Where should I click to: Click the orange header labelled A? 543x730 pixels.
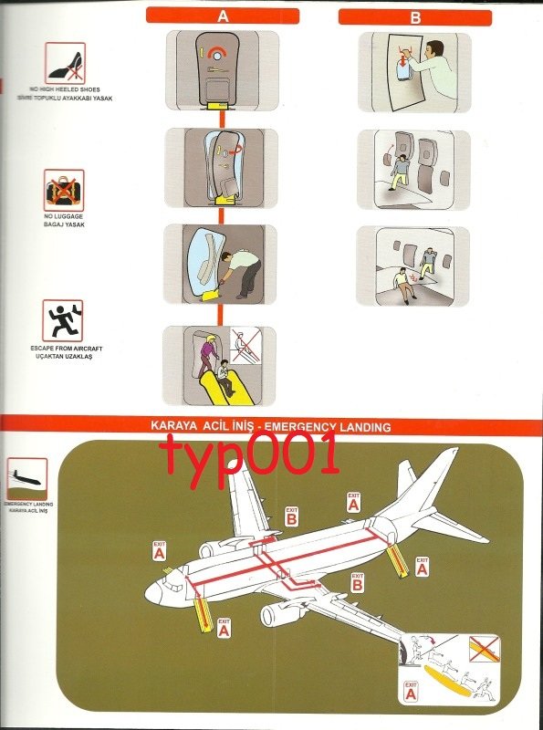point(224,16)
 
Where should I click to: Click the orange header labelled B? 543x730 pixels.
point(415,16)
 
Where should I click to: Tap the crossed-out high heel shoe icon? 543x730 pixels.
point(64,64)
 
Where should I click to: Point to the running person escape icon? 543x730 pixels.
point(64,320)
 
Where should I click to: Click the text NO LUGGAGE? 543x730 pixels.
point(64,217)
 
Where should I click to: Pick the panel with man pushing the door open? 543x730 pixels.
point(219,264)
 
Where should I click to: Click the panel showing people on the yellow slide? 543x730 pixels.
point(219,365)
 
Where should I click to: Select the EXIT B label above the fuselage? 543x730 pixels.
point(291,516)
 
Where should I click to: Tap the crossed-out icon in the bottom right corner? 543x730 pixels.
point(484,649)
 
